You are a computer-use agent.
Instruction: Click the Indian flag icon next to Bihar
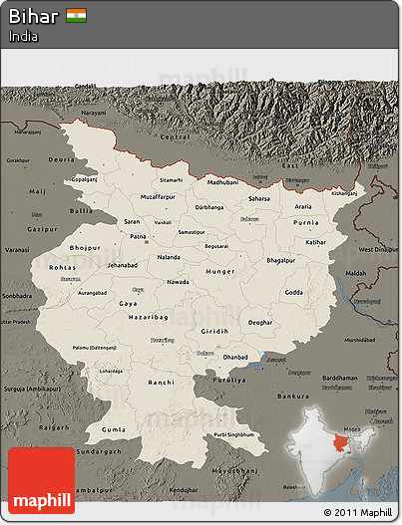click(76, 16)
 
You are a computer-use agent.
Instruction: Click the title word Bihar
click(34, 16)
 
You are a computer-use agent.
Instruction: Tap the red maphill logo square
click(41, 480)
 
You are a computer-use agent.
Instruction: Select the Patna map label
click(139, 237)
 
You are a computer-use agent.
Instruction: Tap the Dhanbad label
click(236, 355)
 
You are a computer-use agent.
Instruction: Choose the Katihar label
click(316, 241)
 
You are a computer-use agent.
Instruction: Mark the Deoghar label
click(259, 322)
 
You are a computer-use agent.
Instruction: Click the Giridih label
click(213, 331)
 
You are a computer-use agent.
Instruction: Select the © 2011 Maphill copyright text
click(358, 513)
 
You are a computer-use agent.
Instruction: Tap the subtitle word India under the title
click(23, 36)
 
